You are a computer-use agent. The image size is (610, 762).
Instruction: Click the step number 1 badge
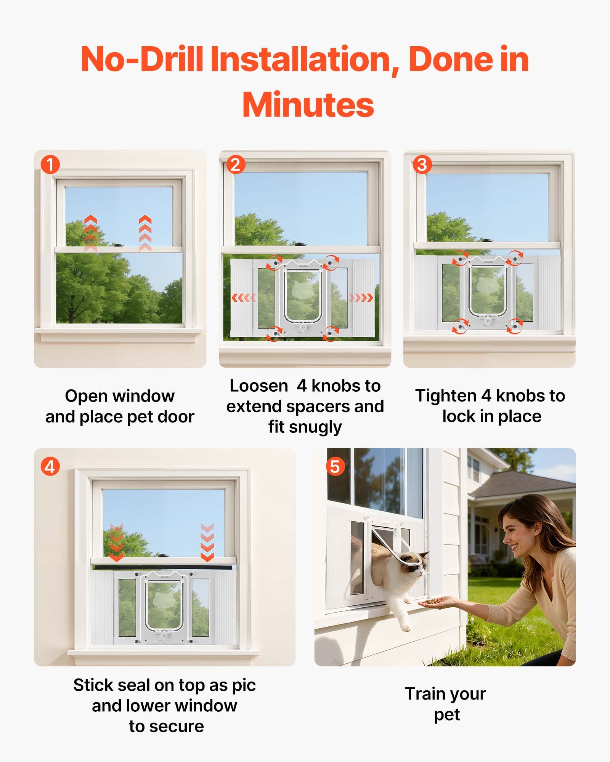(x=50, y=165)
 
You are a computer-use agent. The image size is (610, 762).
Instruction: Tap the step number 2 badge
(x=235, y=165)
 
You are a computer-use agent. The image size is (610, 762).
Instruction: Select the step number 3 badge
(x=422, y=165)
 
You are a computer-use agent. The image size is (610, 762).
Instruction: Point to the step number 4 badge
(x=50, y=467)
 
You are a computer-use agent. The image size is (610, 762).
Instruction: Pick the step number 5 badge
(x=335, y=467)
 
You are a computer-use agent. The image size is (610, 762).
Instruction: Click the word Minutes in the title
(x=308, y=105)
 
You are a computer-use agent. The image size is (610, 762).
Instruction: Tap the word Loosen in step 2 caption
(x=258, y=386)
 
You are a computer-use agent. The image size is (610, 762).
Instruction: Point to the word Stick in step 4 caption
(x=93, y=685)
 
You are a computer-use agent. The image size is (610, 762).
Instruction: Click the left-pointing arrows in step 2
(x=244, y=298)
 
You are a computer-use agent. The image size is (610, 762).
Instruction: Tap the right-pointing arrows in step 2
(x=361, y=298)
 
